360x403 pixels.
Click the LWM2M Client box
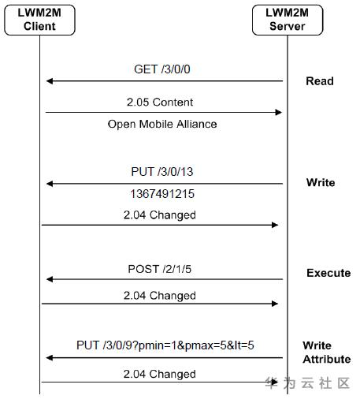pos(39,20)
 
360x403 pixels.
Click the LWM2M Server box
pos(288,20)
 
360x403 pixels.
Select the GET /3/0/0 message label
pos(162,69)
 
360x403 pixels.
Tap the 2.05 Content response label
pos(160,102)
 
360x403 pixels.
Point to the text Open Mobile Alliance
pos(162,124)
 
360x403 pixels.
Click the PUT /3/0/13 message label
pos(162,172)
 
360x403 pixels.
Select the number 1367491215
pos(162,194)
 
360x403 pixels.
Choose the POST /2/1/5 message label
pos(160,269)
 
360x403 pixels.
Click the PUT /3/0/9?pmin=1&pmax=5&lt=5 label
pos(165,345)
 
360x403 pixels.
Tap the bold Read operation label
pos(320,81)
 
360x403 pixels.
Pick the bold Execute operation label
pos(328,273)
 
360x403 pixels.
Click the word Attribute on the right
pos(327,359)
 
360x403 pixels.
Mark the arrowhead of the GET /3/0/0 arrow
pos(50,81)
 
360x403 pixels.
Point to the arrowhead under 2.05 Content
pos(278,113)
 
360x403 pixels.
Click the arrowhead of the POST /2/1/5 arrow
pos(50,279)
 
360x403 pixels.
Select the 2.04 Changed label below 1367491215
pos(160,215)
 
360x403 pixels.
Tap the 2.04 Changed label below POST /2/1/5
pos(160,296)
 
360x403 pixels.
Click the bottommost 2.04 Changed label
pos(160,374)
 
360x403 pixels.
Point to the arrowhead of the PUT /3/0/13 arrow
pos(50,184)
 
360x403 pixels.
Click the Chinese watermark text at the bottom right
pos(307,382)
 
